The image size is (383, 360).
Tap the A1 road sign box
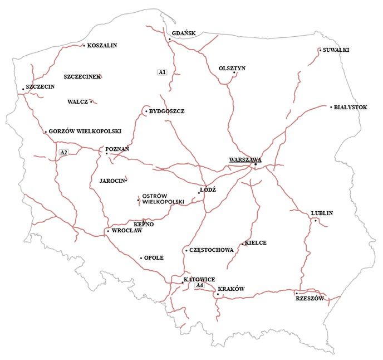click(x=162, y=72)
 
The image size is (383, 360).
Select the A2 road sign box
click(x=63, y=152)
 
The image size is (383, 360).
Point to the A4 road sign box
click(x=200, y=285)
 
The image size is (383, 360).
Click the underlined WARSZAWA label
click(x=245, y=159)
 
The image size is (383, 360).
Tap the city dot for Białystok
click(x=331, y=107)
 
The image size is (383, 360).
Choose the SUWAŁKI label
click(x=336, y=50)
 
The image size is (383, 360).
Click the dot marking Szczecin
click(x=23, y=89)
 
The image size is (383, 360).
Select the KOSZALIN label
click(x=102, y=46)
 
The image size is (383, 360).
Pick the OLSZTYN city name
click(x=232, y=68)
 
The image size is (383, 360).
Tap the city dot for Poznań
click(x=107, y=153)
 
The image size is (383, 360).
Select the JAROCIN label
click(x=111, y=181)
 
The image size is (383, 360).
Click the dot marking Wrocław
click(x=107, y=231)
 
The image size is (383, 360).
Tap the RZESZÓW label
click(x=310, y=299)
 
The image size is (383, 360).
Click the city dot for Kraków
click(x=218, y=294)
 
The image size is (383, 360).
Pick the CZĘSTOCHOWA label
click(x=211, y=250)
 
